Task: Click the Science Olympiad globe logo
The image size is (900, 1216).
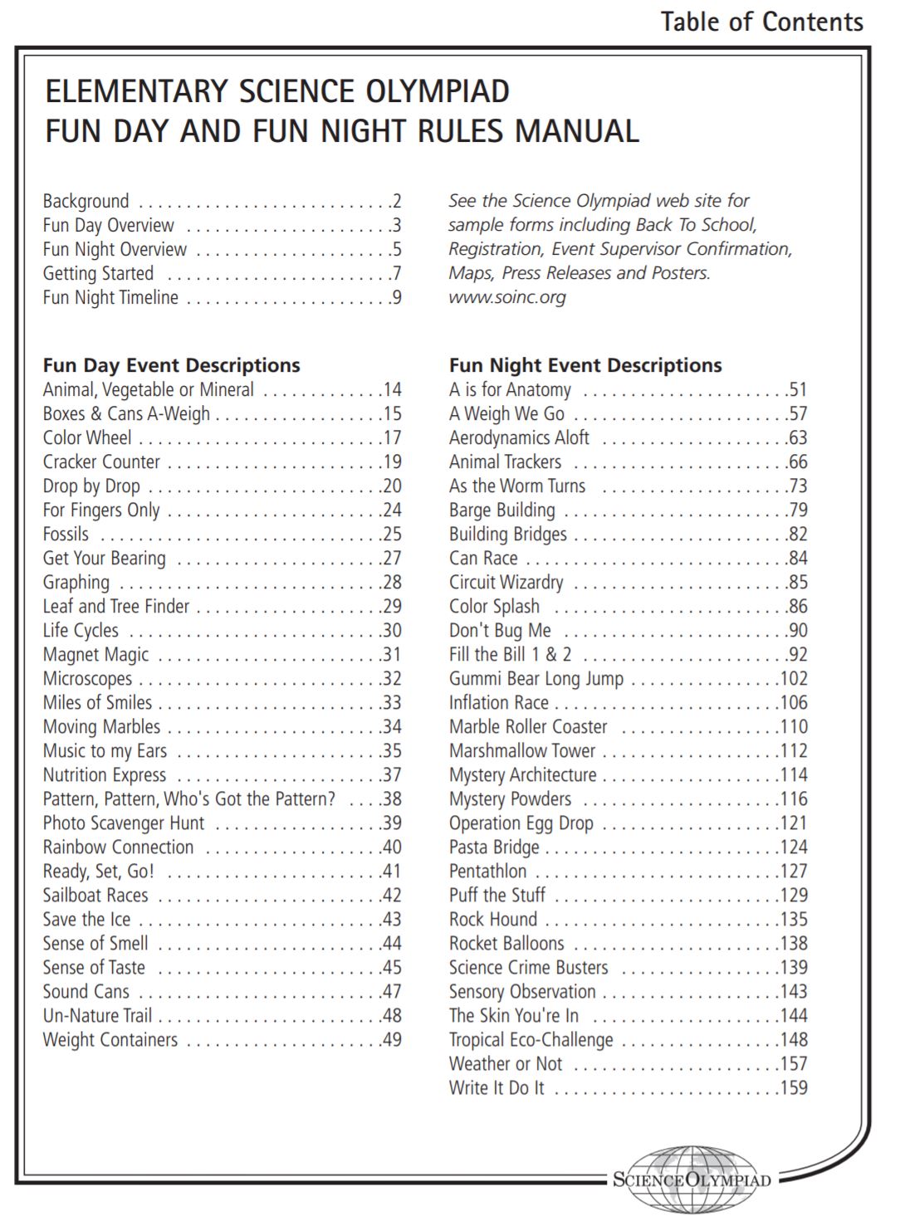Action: [x=691, y=1179]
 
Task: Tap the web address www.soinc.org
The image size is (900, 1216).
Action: [x=506, y=297]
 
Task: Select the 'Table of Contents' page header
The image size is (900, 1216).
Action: [x=761, y=22]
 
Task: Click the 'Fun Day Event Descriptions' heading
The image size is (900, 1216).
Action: [x=171, y=365]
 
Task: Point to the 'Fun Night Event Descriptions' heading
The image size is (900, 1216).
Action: [x=585, y=365]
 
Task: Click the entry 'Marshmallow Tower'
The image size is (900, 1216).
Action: [x=522, y=751]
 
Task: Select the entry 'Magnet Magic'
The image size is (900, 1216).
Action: [x=95, y=655]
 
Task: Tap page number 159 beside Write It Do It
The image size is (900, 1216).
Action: [x=793, y=1088]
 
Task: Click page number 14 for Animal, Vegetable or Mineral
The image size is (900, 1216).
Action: [x=391, y=389]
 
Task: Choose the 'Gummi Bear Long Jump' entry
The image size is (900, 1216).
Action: [x=536, y=679]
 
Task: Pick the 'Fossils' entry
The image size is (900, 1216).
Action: [x=66, y=535]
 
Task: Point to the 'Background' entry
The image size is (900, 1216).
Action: [x=86, y=201]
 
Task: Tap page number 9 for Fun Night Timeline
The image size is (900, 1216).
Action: [x=396, y=297]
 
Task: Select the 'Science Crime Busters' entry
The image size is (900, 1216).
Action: [x=528, y=968]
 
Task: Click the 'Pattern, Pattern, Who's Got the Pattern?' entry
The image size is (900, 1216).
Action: [x=188, y=799]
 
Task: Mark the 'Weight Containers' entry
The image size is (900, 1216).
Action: [x=110, y=1040]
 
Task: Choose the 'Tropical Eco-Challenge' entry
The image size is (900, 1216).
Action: [x=531, y=1040]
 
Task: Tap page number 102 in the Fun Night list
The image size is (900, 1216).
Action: [x=793, y=679]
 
